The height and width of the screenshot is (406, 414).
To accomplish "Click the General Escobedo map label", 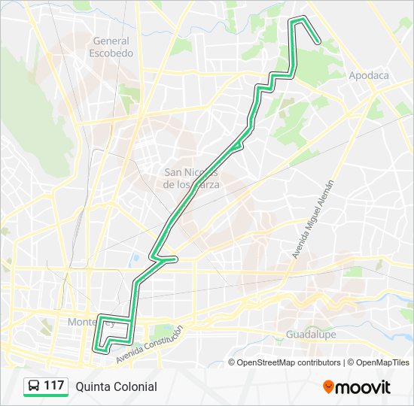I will [x=111, y=47].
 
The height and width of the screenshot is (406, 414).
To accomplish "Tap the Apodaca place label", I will [x=368, y=75].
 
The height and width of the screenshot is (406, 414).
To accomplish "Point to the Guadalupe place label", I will [x=310, y=334].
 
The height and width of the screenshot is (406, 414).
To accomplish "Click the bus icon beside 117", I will [x=33, y=386].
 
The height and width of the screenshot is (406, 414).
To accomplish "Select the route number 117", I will [x=53, y=386].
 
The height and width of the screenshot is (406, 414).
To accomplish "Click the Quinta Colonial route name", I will [x=116, y=386].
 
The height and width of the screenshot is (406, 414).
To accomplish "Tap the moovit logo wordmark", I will [x=364, y=387].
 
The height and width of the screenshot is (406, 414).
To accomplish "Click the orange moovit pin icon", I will [x=329, y=387].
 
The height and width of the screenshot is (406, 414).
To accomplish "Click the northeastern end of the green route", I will [x=320, y=42].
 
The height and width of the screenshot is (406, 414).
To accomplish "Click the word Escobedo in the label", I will [x=111, y=53].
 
